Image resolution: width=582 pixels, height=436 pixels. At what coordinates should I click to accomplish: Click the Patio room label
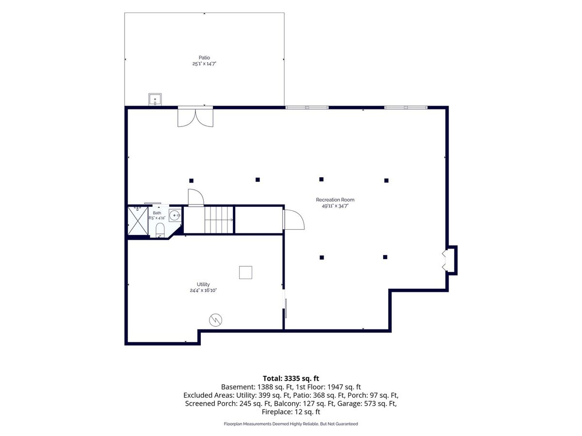point(204,58)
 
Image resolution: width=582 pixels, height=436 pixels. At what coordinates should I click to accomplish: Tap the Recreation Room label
point(335,200)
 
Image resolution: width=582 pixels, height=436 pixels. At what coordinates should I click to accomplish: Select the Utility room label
point(203,284)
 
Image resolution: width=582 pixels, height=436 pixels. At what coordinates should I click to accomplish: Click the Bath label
point(157,213)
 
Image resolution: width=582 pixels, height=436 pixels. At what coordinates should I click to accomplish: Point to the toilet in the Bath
point(160,229)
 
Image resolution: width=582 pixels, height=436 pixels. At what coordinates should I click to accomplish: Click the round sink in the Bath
point(175,215)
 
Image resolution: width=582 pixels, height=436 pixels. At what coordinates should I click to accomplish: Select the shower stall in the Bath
point(138,221)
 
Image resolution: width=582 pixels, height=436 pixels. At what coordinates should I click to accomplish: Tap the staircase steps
point(219,220)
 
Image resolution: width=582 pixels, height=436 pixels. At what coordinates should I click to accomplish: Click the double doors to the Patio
point(195,118)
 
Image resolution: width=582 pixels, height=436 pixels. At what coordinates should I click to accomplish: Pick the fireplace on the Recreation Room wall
point(451,260)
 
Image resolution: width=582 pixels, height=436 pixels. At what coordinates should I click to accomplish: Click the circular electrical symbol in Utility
point(215,320)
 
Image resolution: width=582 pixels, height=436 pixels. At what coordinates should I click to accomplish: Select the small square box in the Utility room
point(245,272)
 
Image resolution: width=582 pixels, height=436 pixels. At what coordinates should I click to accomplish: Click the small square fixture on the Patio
point(155,99)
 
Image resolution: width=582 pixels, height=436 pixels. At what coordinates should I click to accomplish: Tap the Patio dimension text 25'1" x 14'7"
point(204,64)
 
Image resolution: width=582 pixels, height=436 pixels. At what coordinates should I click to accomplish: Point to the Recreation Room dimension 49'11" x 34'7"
point(335,206)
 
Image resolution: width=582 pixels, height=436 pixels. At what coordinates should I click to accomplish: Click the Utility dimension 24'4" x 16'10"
point(203,290)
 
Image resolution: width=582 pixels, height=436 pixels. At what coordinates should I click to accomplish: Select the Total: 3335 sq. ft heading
point(291,378)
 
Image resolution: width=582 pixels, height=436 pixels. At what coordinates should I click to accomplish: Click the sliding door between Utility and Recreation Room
point(286,308)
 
